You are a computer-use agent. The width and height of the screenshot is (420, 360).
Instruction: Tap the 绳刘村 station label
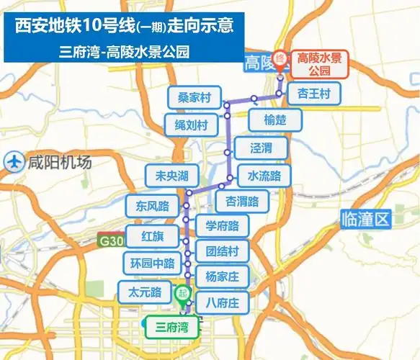pyautogui.click(x=191, y=125)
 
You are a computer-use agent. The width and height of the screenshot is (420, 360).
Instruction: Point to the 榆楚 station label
pyautogui.click(x=274, y=120)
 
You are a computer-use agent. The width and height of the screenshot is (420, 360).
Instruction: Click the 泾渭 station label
pyautogui.click(x=261, y=149)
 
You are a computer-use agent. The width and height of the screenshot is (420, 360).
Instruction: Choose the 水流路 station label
pyautogui.click(x=264, y=175)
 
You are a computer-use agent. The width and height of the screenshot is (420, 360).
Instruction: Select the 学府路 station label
pyautogui.click(x=222, y=226)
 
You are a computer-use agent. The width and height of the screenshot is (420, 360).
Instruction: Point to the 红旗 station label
pyautogui.click(x=152, y=236)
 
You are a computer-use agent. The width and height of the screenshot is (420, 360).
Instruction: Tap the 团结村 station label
pyautogui.click(x=222, y=251)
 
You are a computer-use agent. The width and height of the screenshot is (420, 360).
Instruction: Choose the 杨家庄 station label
pyautogui.click(x=222, y=276)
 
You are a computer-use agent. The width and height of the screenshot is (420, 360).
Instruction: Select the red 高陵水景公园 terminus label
pyautogui.click(x=318, y=65)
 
